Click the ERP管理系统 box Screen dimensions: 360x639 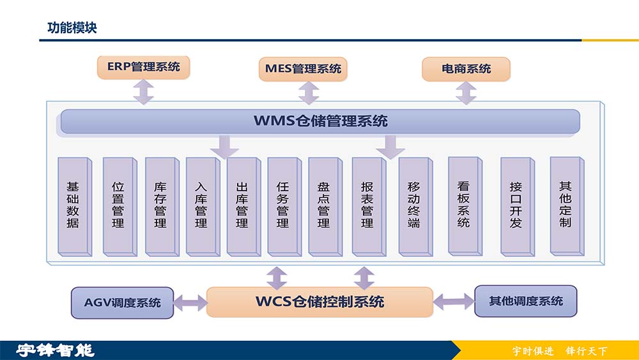(143, 67)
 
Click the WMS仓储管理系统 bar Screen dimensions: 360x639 (320, 121)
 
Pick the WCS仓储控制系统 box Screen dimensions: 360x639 (319, 302)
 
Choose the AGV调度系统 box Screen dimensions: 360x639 (122, 302)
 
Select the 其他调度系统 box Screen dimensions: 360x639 (525, 301)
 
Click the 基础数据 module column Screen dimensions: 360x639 (73, 205)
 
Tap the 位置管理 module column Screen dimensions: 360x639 (118, 205)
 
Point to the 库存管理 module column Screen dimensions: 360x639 (160, 205)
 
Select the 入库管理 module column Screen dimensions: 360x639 (201, 205)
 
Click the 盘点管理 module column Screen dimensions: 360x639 (324, 205)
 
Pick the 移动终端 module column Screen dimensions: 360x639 (414, 205)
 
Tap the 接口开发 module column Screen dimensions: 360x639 (516, 205)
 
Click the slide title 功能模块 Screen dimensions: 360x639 (72, 27)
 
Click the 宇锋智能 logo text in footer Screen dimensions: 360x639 (55, 350)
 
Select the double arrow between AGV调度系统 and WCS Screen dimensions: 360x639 (190, 302)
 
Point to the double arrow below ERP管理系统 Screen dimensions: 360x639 (143, 92)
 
